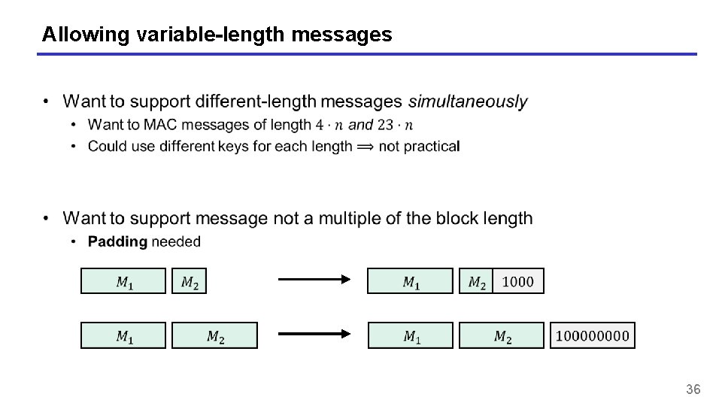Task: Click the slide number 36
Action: tap(693, 389)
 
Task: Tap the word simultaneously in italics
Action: tap(468, 101)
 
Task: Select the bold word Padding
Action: tap(117, 241)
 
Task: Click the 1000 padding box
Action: tap(517, 281)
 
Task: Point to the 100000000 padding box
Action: tap(592, 335)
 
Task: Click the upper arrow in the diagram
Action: tap(314, 280)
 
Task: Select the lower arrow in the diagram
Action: tap(314, 335)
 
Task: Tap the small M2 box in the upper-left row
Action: tap(190, 281)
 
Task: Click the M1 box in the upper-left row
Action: tap(123, 281)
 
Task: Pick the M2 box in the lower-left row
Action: tap(214, 335)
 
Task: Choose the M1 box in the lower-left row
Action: tap(123, 335)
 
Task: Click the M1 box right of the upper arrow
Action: tap(411, 281)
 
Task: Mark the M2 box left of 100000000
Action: tap(502, 335)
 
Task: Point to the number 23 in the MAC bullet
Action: tap(386, 125)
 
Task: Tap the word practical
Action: tap(431, 146)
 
